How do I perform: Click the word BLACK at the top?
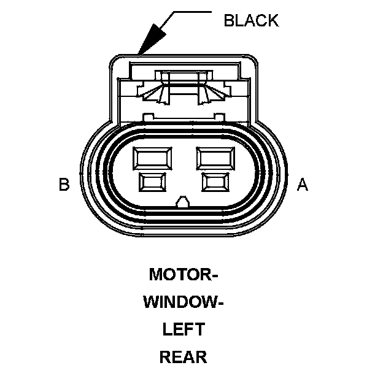[x=251, y=20]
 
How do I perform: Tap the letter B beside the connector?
[x=64, y=184]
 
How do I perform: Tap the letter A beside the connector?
[x=302, y=184]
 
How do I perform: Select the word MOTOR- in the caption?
[x=184, y=274]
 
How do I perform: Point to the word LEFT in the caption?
[x=183, y=329]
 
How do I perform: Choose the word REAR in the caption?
[x=183, y=356]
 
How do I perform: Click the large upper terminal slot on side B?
[x=153, y=158]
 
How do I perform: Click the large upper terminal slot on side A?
[x=215, y=158]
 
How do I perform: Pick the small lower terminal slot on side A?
[x=215, y=182]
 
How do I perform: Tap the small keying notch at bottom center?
[x=183, y=201]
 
